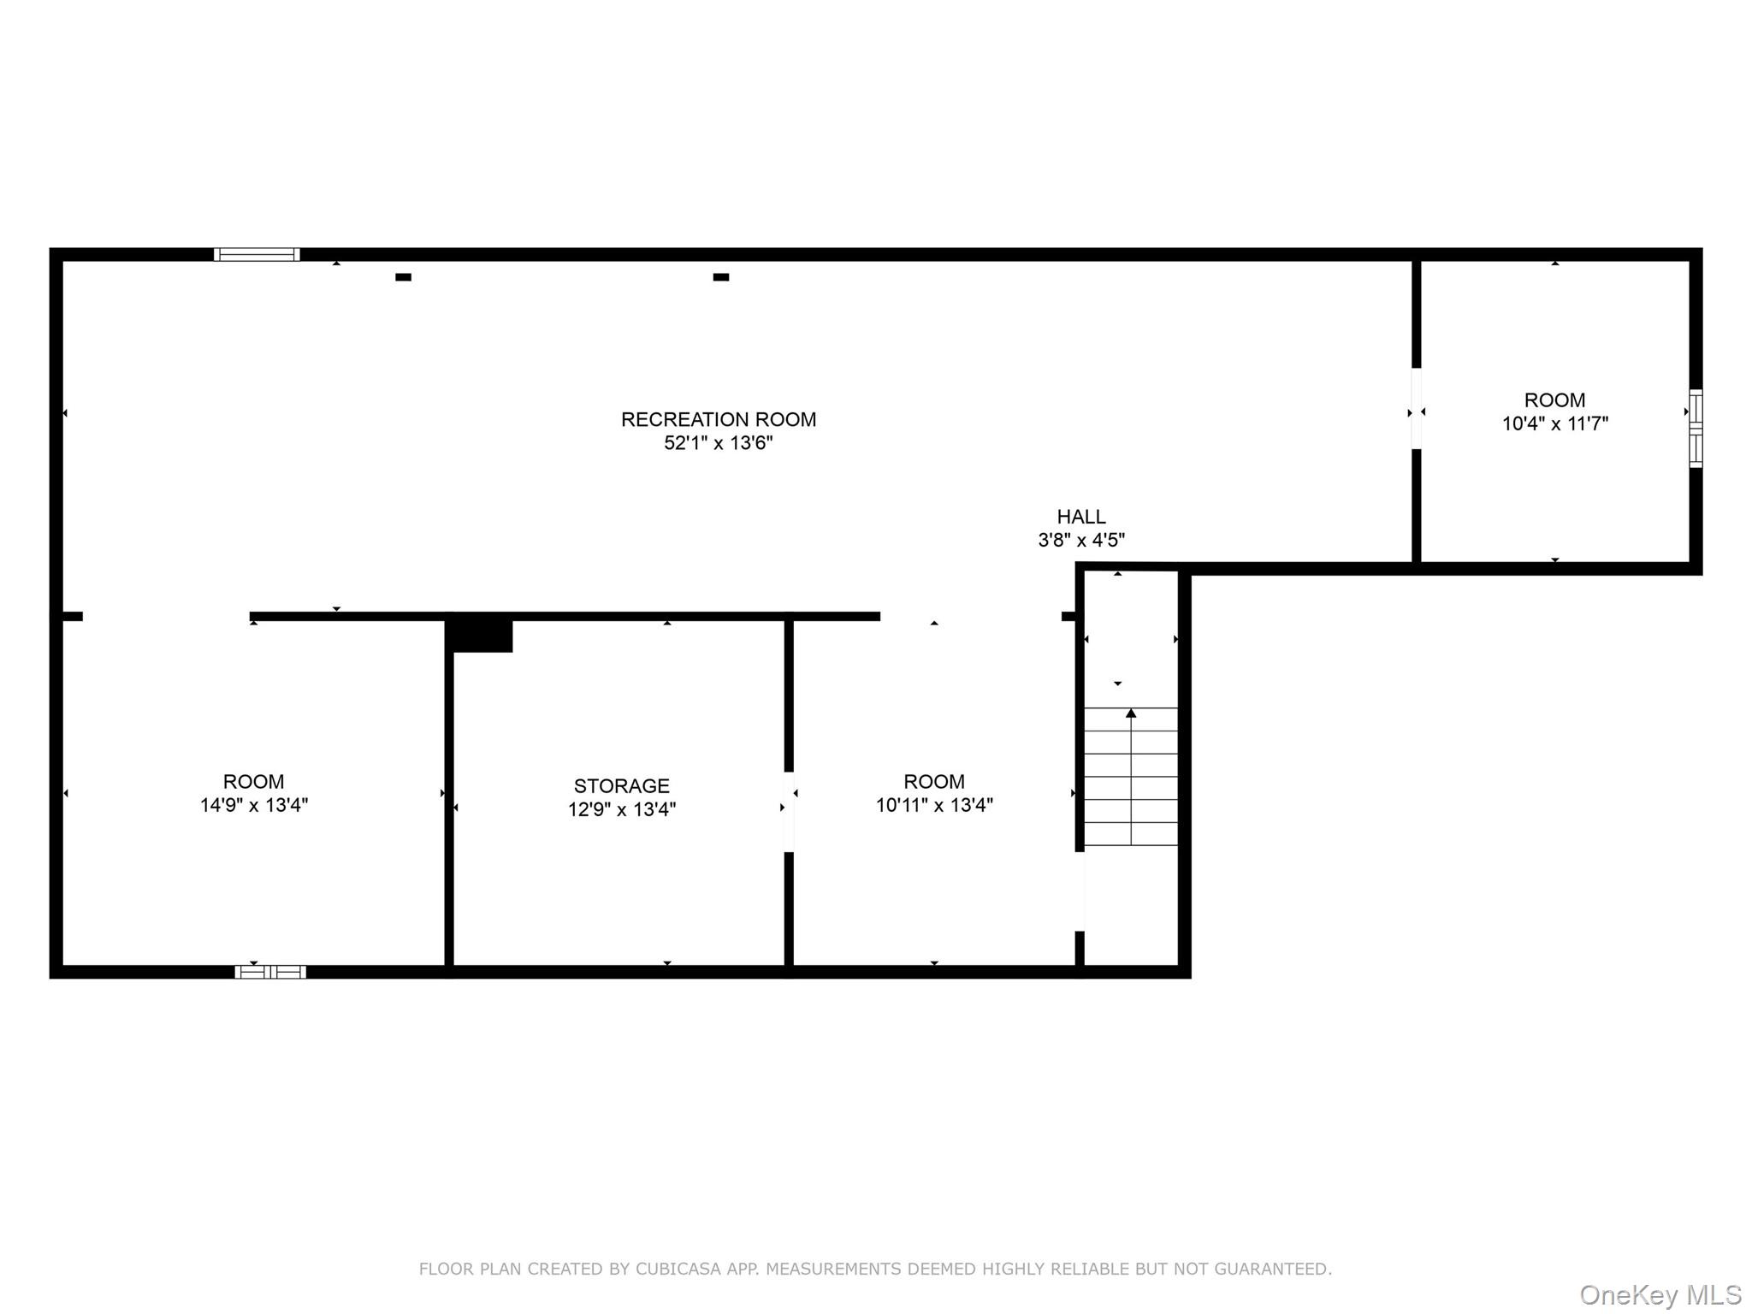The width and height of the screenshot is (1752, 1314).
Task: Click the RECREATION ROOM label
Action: (x=719, y=419)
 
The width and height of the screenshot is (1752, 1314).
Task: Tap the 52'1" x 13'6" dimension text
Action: (x=719, y=443)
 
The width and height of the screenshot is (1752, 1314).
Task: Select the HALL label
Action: (x=1081, y=517)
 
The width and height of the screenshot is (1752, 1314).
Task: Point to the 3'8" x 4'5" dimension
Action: (x=1081, y=540)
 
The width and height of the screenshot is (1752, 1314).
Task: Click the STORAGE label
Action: (x=622, y=785)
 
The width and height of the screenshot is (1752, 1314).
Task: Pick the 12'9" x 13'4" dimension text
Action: (x=622, y=809)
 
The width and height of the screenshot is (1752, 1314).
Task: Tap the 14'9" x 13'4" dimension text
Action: (x=254, y=805)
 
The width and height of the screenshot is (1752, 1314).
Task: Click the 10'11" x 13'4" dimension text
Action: (x=934, y=805)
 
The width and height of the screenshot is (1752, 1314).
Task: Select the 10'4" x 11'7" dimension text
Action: (x=1555, y=423)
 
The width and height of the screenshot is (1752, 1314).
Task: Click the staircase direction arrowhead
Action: (x=1131, y=713)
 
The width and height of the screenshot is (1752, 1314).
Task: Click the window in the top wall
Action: (x=257, y=254)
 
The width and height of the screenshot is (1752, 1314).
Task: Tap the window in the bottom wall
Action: (x=270, y=972)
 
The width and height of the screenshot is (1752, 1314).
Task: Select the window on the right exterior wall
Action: (x=1696, y=429)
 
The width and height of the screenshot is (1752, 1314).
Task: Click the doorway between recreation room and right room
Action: (x=1416, y=409)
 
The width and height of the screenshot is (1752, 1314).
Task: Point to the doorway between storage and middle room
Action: (x=789, y=812)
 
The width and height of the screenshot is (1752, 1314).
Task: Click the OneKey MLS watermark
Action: (x=1660, y=1294)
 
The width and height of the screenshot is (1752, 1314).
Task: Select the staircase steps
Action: (x=1131, y=777)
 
